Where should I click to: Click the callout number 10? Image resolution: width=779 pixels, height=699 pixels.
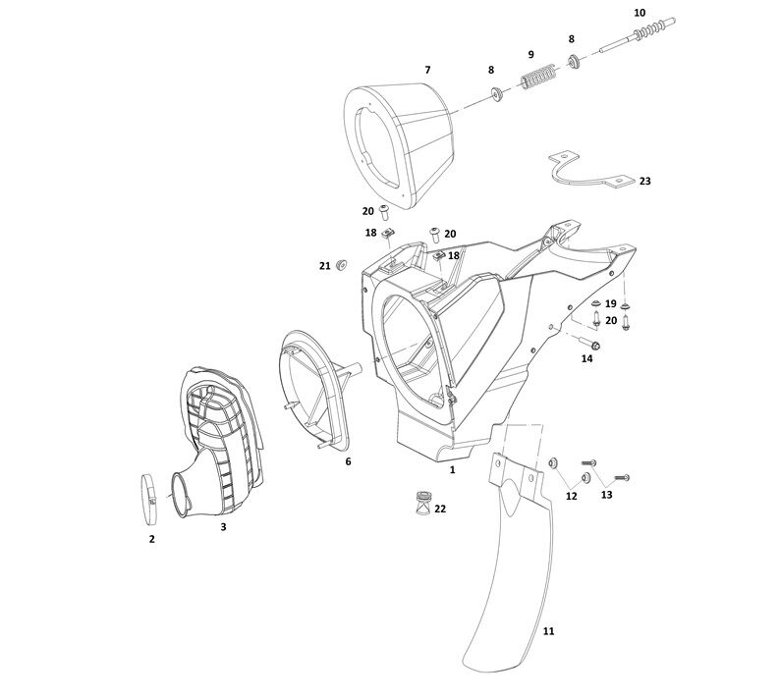pos(640,13)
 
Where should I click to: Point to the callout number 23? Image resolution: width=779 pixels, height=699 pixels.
pos(644,181)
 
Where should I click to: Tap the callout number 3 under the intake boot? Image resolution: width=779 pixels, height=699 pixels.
pos(223,527)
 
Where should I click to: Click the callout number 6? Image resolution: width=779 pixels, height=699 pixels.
pos(348,460)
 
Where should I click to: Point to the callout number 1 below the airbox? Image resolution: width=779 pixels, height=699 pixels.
pos(452,470)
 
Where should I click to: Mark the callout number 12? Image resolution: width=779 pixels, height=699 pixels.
pos(571,497)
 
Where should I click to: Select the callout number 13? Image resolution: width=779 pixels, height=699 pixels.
pos(606,495)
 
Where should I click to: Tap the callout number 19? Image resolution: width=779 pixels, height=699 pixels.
pos(610,303)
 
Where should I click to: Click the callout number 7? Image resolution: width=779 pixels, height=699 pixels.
pos(427,70)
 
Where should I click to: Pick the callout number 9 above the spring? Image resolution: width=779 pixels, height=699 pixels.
pos(530,54)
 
